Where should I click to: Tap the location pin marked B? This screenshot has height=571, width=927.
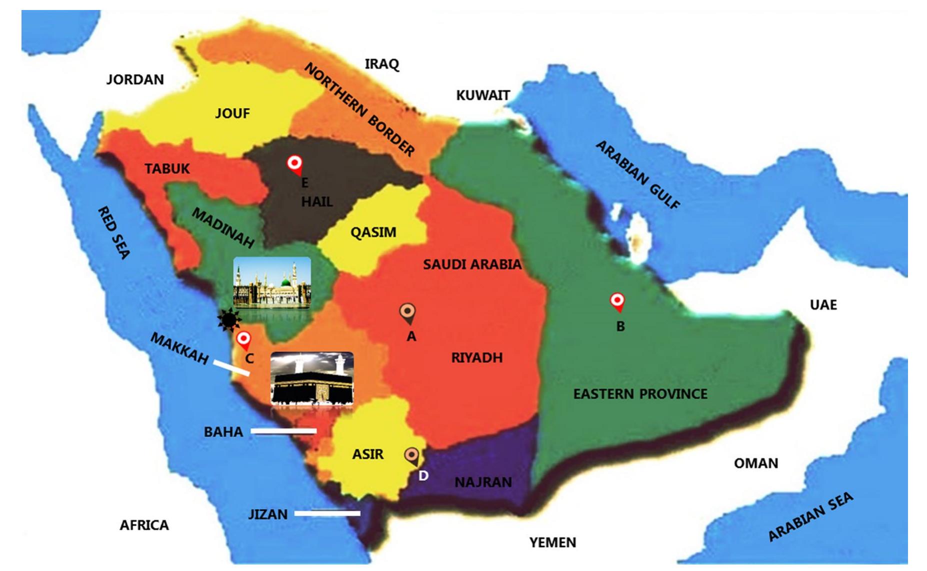coord(617,301)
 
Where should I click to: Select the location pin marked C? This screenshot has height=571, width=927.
coord(243,339)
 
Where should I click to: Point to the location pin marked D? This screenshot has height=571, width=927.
coord(411,455)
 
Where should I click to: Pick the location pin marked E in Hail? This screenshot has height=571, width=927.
coord(294,164)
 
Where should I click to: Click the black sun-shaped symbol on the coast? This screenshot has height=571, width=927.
coord(229,319)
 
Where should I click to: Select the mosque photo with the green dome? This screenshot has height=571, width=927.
coord(272,282)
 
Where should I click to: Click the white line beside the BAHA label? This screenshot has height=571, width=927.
coord(283,430)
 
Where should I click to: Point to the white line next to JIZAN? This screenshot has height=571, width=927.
coord(327,513)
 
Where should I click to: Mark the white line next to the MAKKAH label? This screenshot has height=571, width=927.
coord(231,367)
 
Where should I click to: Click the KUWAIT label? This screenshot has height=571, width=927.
coord(482,95)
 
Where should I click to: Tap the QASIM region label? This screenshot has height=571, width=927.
coord(373,232)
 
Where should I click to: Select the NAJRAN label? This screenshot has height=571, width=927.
coord(483,482)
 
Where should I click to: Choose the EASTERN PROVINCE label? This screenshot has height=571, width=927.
coord(640,394)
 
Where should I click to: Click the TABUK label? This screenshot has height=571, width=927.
coord(167,168)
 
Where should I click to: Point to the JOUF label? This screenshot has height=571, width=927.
coord(232,113)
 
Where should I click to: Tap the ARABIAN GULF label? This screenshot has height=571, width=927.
coord(637,174)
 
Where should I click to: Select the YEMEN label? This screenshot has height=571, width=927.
coord(552,542)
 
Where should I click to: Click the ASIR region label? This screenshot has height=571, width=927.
coord(367,454)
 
